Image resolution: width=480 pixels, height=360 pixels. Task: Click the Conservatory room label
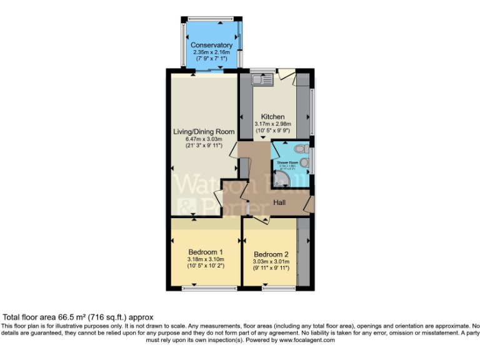pos(211,45)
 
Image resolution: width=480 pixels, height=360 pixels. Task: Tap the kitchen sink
pos(262,79)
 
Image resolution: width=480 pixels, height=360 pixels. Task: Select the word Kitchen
pos(273,117)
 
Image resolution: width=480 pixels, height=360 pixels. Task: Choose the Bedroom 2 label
pos(271,254)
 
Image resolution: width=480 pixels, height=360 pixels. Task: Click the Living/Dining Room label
pos(204,132)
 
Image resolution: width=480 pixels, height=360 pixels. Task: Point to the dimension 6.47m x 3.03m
pos(204,139)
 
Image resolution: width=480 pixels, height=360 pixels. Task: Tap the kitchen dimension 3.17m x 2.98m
pos(273,124)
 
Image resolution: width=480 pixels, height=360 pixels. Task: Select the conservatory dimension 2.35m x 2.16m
pos(211,52)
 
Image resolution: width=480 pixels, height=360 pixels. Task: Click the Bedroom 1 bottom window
pos(215,288)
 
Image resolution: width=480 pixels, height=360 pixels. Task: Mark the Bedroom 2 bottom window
pos(271,288)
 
